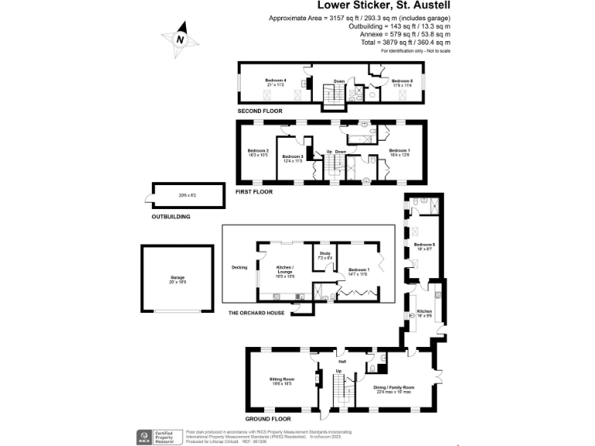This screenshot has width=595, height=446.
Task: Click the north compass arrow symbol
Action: [x=180, y=39]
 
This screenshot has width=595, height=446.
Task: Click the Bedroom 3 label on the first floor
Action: [x=292, y=158]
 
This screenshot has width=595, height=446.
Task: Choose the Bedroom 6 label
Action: [x=424, y=246]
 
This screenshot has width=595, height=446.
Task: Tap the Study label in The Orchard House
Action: [x=325, y=254]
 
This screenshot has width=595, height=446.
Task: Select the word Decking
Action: [x=239, y=268]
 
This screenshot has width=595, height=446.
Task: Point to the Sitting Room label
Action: [x=280, y=380]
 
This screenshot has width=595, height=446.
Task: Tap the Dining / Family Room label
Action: [x=395, y=389]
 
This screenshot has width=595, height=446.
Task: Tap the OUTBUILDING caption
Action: [x=171, y=217]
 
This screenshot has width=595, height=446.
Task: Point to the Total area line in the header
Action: [x=405, y=43]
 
